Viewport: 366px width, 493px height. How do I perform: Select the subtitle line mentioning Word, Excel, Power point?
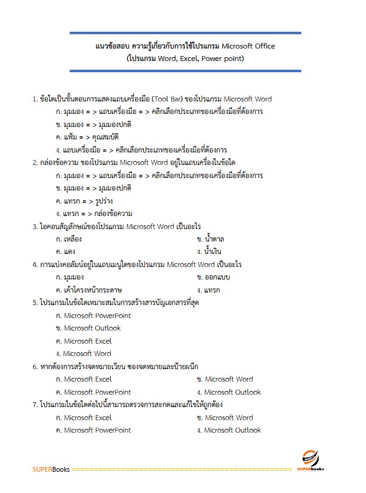pyautogui.click(x=185, y=59)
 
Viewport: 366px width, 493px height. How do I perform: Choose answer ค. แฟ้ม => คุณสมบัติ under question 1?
pyautogui.click(x=87, y=137)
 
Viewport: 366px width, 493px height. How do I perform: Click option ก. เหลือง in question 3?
pyautogui.click(x=69, y=239)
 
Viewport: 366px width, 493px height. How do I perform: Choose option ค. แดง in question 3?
pyautogui.click(x=65, y=251)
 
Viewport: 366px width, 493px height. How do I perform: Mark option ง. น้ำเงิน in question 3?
pyautogui.click(x=211, y=251)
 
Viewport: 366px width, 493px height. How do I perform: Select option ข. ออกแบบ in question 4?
pyautogui.click(x=214, y=277)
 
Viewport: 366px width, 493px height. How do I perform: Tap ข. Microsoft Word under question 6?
pyautogui.click(x=225, y=379)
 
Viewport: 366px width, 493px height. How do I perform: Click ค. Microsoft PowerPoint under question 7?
pyautogui.click(x=93, y=430)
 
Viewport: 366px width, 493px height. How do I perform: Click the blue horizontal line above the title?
pyautogui.click(x=185, y=33)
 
